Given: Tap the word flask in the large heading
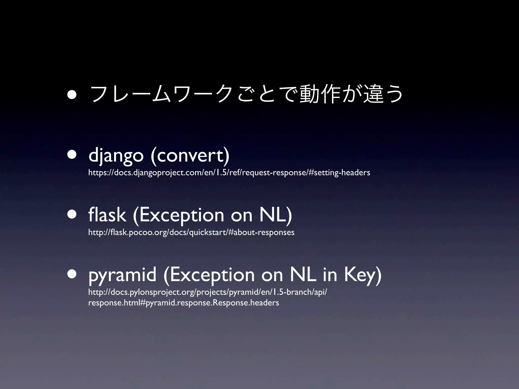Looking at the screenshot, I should click(107, 215).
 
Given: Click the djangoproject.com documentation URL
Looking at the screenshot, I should click(229, 173).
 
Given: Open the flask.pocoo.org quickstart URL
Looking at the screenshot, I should click(191, 232).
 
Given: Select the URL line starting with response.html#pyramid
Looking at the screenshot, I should click(183, 303).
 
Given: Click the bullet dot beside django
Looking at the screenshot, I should click(72, 154).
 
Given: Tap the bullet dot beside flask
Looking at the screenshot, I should click(72, 214).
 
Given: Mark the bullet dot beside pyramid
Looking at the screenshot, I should click(72, 274).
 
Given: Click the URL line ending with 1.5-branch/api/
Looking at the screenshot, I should click(208, 292).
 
